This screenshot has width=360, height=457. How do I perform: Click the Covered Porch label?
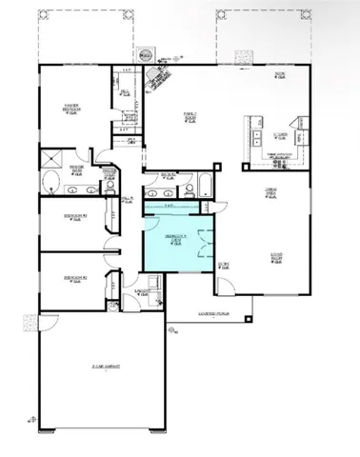point(215,313)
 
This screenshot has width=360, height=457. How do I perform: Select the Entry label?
point(225,265)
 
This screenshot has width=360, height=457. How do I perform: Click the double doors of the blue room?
point(202,242)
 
